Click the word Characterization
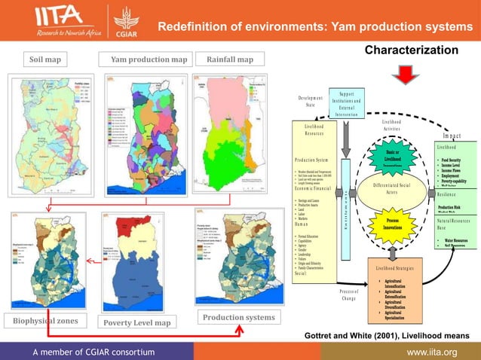click(x=411, y=50)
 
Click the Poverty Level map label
click(x=136, y=322)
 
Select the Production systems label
click(x=237, y=317)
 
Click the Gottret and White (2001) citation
click(x=385, y=334)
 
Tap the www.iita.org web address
click(x=431, y=352)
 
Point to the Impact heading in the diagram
click(x=452, y=136)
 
